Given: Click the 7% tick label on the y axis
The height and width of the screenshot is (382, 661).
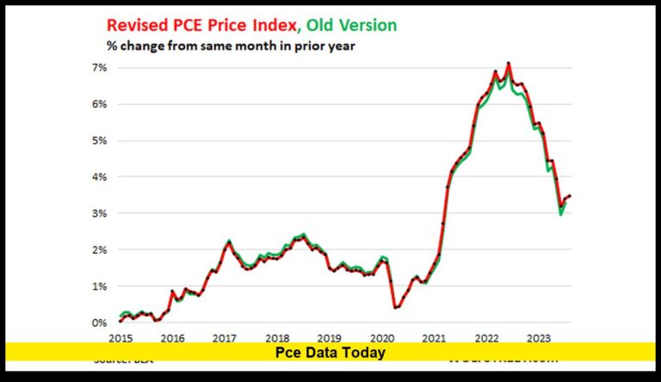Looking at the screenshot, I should click(x=99, y=67).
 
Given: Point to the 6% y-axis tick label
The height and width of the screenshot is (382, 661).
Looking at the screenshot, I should click(x=99, y=104).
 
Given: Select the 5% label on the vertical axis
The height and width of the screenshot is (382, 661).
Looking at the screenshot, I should click(x=99, y=140).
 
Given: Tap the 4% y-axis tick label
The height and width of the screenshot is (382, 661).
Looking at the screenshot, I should click(x=99, y=177).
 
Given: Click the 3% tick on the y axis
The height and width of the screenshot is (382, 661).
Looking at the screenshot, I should click(x=99, y=213).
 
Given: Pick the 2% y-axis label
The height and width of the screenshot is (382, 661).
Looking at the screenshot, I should click(x=99, y=250).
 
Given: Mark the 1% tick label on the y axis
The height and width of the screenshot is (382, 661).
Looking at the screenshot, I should click(x=99, y=286).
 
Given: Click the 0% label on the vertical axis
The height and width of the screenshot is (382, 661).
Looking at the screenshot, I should click(x=99, y=323).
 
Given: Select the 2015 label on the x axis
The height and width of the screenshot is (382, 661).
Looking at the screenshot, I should click(x=120, y=338).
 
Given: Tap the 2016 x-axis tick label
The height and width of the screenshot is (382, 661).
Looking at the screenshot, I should click(x=172, y=338).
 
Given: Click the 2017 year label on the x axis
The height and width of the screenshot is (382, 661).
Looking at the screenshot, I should click(x=225, y=338).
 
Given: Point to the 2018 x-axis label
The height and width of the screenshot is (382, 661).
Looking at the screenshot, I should click(x=277, y=338).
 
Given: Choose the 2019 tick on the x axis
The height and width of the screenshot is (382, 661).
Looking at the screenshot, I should click(x=330, y=338).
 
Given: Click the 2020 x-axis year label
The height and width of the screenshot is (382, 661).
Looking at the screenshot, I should click(x=381, y=338).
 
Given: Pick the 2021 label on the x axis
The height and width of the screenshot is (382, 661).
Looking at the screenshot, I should click(x=434, y=338).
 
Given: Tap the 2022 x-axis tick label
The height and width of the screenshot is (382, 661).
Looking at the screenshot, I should click(x=486, y=338).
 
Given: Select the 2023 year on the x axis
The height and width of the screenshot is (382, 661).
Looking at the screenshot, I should click(x=539, y=338).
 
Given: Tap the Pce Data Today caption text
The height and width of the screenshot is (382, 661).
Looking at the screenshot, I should click(x=330, y=353).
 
